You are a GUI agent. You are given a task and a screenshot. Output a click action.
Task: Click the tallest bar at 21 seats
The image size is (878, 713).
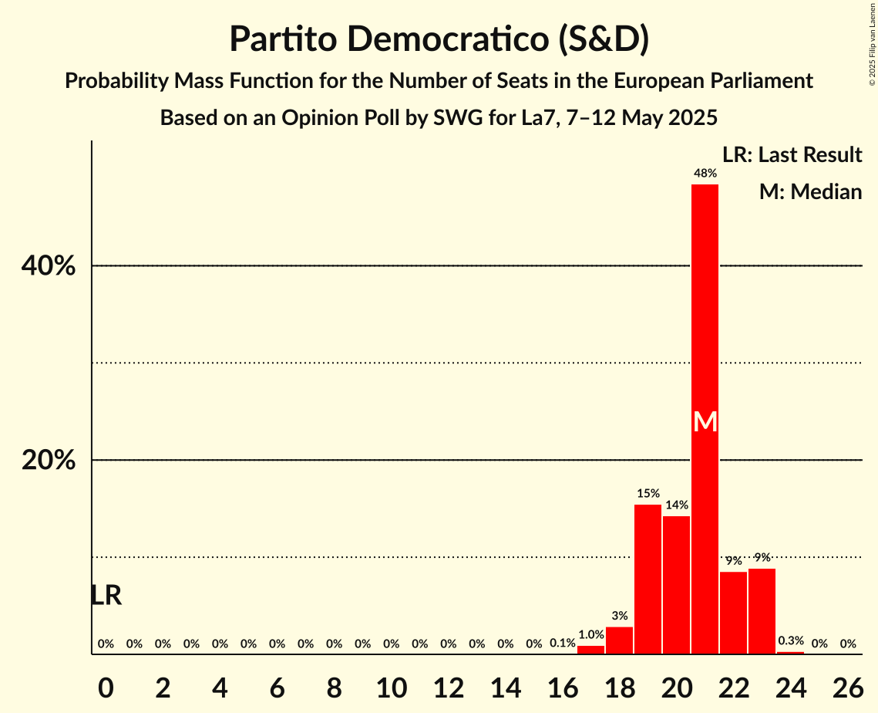pos(705,309)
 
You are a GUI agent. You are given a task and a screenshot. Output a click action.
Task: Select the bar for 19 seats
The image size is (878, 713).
pos(648,579)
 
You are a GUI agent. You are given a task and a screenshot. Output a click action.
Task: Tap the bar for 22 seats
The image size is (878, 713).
pos(733,613)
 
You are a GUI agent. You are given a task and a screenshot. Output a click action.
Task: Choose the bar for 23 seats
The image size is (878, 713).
pos(762,611)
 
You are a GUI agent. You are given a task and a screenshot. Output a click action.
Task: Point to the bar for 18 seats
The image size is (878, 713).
pos(619,640)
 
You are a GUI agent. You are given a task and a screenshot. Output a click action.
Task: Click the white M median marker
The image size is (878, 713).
pos(705,421)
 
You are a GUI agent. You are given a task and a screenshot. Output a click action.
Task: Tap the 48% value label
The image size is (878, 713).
pos(705,174)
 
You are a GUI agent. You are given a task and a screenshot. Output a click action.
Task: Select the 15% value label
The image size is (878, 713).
pos(648,493)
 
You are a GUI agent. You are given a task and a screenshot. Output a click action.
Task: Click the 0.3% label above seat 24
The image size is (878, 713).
pos(790,640)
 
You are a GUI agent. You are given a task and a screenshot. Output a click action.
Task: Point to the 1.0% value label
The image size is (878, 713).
pos(590,634)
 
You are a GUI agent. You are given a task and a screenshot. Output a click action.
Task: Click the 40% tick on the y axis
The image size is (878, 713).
pos(49,266)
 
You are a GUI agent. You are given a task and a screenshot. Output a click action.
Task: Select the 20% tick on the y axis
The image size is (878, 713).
pos(49,461)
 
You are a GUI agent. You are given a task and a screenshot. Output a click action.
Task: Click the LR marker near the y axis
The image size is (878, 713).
pos(106,595)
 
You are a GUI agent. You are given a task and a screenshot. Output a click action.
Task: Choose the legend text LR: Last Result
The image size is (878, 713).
pos(792,155)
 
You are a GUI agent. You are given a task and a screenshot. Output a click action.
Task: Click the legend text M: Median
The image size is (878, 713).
pos(810,191)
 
